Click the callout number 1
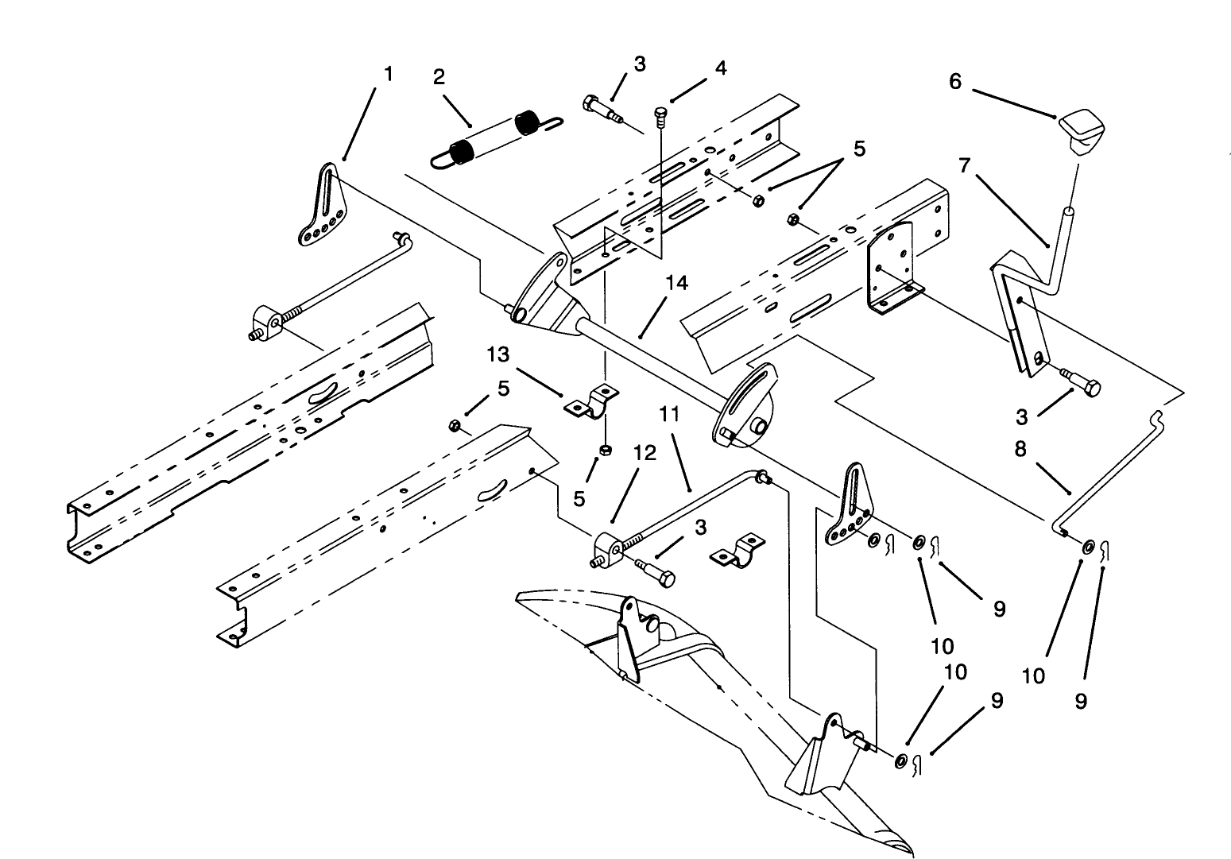pos(388,74)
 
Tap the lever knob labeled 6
pos(1082,131)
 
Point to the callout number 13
pos(498,354)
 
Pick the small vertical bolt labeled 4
pos(661,116)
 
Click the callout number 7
pos(965,165)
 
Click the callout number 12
pos(645,453)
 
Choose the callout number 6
pos(955,82)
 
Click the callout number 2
pos(439,76)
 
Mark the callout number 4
pos(720,68)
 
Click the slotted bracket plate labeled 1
pos(325,205)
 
